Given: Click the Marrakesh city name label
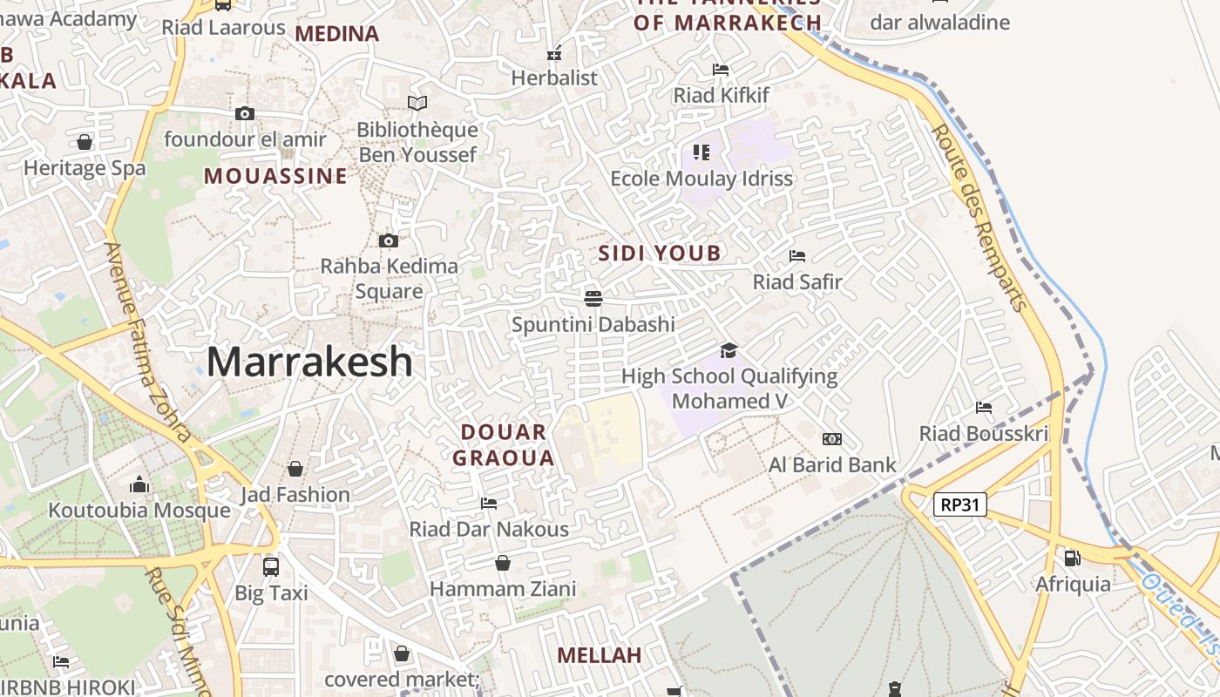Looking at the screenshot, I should pos(309,362).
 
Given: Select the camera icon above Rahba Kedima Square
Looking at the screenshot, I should pos(389,240).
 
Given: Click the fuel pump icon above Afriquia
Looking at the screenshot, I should pos(1072,558).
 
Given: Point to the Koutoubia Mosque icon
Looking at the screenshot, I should pos(139,485).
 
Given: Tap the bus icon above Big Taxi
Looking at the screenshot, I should pos(271,567).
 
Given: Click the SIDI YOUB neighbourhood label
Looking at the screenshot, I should pos(660,254).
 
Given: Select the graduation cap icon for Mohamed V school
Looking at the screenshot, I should pos(729,350).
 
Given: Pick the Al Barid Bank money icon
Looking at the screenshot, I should pos(832,439).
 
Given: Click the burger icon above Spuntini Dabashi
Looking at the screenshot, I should pos(593,299).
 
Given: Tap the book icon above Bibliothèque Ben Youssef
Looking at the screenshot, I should pos(417,104).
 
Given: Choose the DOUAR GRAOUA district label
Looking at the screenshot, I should pos(503,445).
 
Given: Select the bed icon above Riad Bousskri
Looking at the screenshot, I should pos(984,407).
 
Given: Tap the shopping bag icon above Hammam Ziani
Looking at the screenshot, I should pos(503,564).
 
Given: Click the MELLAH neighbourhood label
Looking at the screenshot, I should pos(599,655).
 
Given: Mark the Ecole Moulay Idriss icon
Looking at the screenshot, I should pos(701,152).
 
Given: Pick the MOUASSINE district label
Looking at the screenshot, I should pos(275,177).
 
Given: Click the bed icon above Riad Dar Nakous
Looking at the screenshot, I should pos(489,504).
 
